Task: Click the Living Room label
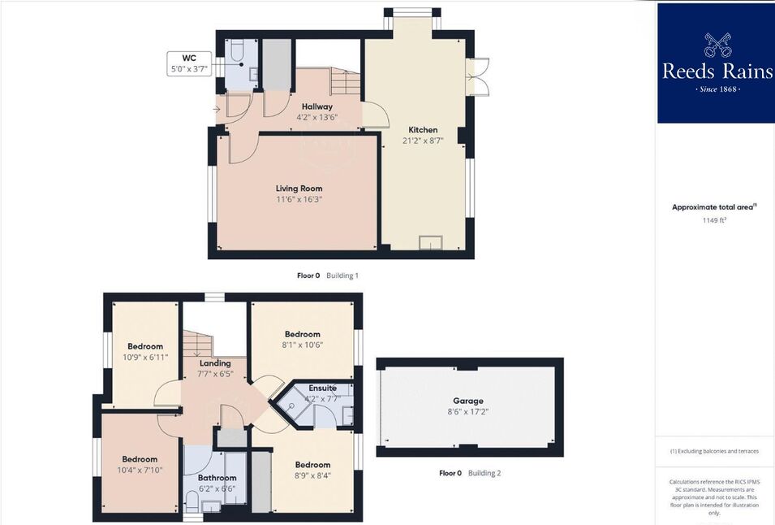tap(299, 189)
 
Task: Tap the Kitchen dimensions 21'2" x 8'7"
tap(423, 141)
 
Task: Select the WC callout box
tap(189, 64)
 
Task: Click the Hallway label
tap(317, 106)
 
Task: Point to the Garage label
tap(468, 401)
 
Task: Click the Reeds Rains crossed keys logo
tap(717, 45)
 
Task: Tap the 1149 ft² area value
tap(714, 220)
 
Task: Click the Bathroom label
tap(217, 478)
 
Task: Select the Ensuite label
tap(323, 388)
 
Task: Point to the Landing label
tap(215, 363)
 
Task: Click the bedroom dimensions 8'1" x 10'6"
tap(303, 345)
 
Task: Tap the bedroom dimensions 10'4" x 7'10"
tap(140, 470)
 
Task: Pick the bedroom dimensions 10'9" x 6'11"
tap(145, 357)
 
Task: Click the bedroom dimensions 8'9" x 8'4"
tap(313, 475)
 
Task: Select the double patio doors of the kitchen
tap(479, 76)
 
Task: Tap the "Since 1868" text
tap(717, 89)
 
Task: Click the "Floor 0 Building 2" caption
tap(470, 473)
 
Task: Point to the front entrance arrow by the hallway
tap(217, 109)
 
